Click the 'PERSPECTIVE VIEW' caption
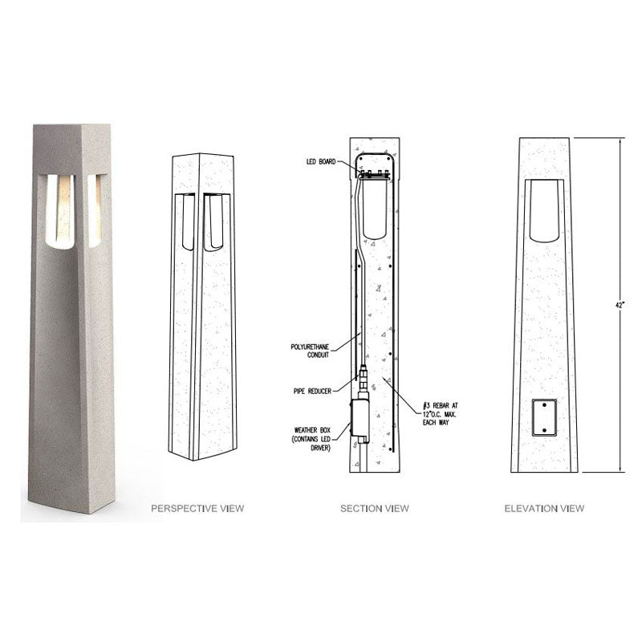[x=198, y=508]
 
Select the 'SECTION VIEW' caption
[x=374, y=508]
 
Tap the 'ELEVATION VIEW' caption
[x=544, y=508]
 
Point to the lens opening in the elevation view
[x=544, y=210]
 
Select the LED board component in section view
[x=374, y=173]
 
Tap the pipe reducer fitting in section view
[x=363, y=377]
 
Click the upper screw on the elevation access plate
[x=544, y=406]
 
